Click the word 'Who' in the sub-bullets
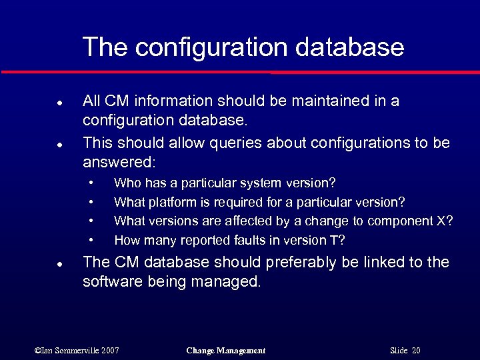point(126,183)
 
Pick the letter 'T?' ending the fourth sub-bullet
point(339,240)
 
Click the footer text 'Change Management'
point(226,351)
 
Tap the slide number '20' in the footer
point(415,351)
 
